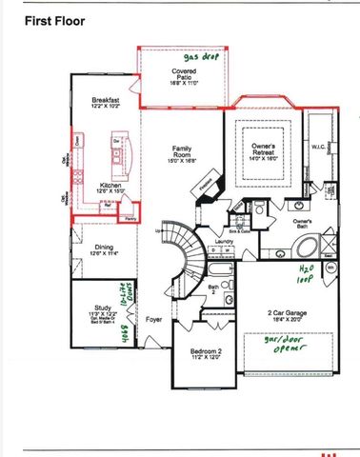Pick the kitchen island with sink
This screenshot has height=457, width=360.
tap(117, 151)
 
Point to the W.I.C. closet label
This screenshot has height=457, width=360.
tap(318, 148)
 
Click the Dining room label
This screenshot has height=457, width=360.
tap(105, 250)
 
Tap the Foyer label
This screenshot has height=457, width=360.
tap(153, 333)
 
